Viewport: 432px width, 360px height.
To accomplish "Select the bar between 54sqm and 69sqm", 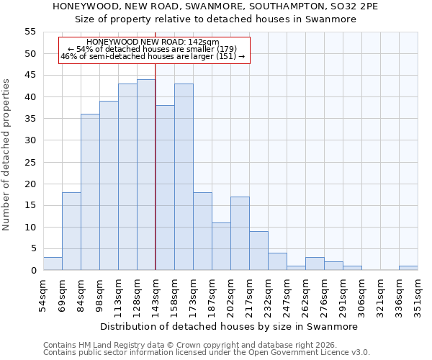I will coord(53,264).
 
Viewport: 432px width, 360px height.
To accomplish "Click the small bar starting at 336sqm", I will coord(408,268).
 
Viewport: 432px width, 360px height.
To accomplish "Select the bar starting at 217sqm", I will coord(258,251).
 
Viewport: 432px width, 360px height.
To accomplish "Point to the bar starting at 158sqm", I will coord(184,177).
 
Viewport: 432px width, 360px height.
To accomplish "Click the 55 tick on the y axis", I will coord(30,32).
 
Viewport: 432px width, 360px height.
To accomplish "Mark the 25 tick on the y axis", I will coord(30,162).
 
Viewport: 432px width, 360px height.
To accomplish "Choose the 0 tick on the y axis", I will coord(32,271).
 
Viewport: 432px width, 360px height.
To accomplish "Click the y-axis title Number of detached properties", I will coord(7,155).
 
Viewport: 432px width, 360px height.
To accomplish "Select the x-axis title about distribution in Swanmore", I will coord(228,326).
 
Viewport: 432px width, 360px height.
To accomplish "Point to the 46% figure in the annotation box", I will coord(69,56).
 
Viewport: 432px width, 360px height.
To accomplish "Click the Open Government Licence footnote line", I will coord(207,353).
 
